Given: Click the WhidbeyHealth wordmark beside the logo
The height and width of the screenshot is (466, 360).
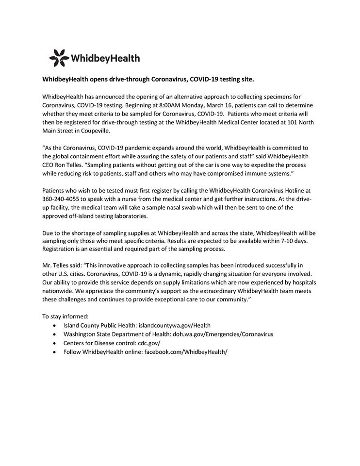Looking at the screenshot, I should click(x=106, y=59).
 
